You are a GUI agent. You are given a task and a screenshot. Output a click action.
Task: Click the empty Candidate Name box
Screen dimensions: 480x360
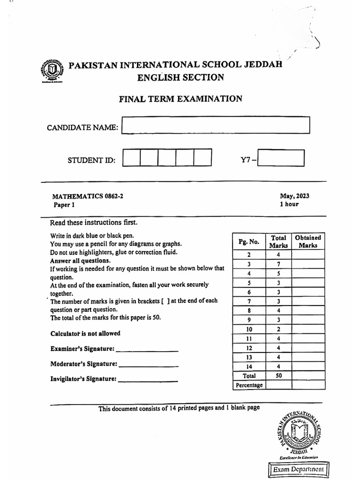pyautogui.click(x=216, y=126)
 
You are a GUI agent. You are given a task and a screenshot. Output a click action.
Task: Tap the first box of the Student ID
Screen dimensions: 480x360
pyautogui.click(x=131, y=157)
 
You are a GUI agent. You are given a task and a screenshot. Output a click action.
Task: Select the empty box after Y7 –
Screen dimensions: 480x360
pyautogui.click(x=281, y=158)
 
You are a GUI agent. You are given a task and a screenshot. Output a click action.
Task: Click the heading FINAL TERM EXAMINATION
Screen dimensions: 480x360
pyautogui.click(x=180, y=99)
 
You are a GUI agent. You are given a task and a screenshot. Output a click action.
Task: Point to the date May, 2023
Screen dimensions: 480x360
pyautogui.click(x=294, y=196)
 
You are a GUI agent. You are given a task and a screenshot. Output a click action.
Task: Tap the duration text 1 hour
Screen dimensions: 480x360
pyautogui.click(x=289, y=204)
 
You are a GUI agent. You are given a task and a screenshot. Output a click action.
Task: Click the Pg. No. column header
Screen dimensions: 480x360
pyautogui.click(x=248, y=242)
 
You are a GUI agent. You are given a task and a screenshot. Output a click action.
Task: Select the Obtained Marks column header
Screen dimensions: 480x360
pyautogui.click(x=308, y=241)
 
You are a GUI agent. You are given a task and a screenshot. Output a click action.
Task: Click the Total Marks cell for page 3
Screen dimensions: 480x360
pyautogui.click(x=278, y=264)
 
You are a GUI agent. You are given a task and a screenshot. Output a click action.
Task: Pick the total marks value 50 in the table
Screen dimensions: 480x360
pyautogui.click(x=278, y=375)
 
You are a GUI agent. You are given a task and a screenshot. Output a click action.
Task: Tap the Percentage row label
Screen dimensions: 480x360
pyautogui.click(x=249, y=385)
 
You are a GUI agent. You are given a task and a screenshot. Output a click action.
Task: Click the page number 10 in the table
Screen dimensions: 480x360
pyautogui.click(x=249, y=329)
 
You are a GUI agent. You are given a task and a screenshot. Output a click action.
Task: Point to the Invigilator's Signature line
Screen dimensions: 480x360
pyautogui.click(x=148, y=380)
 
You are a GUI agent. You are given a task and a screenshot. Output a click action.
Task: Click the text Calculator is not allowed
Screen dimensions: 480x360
pyautogui.click(x=85, y=334)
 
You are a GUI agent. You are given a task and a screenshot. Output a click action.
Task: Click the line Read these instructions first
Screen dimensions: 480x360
pyautogui.click(x=94, y=223)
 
